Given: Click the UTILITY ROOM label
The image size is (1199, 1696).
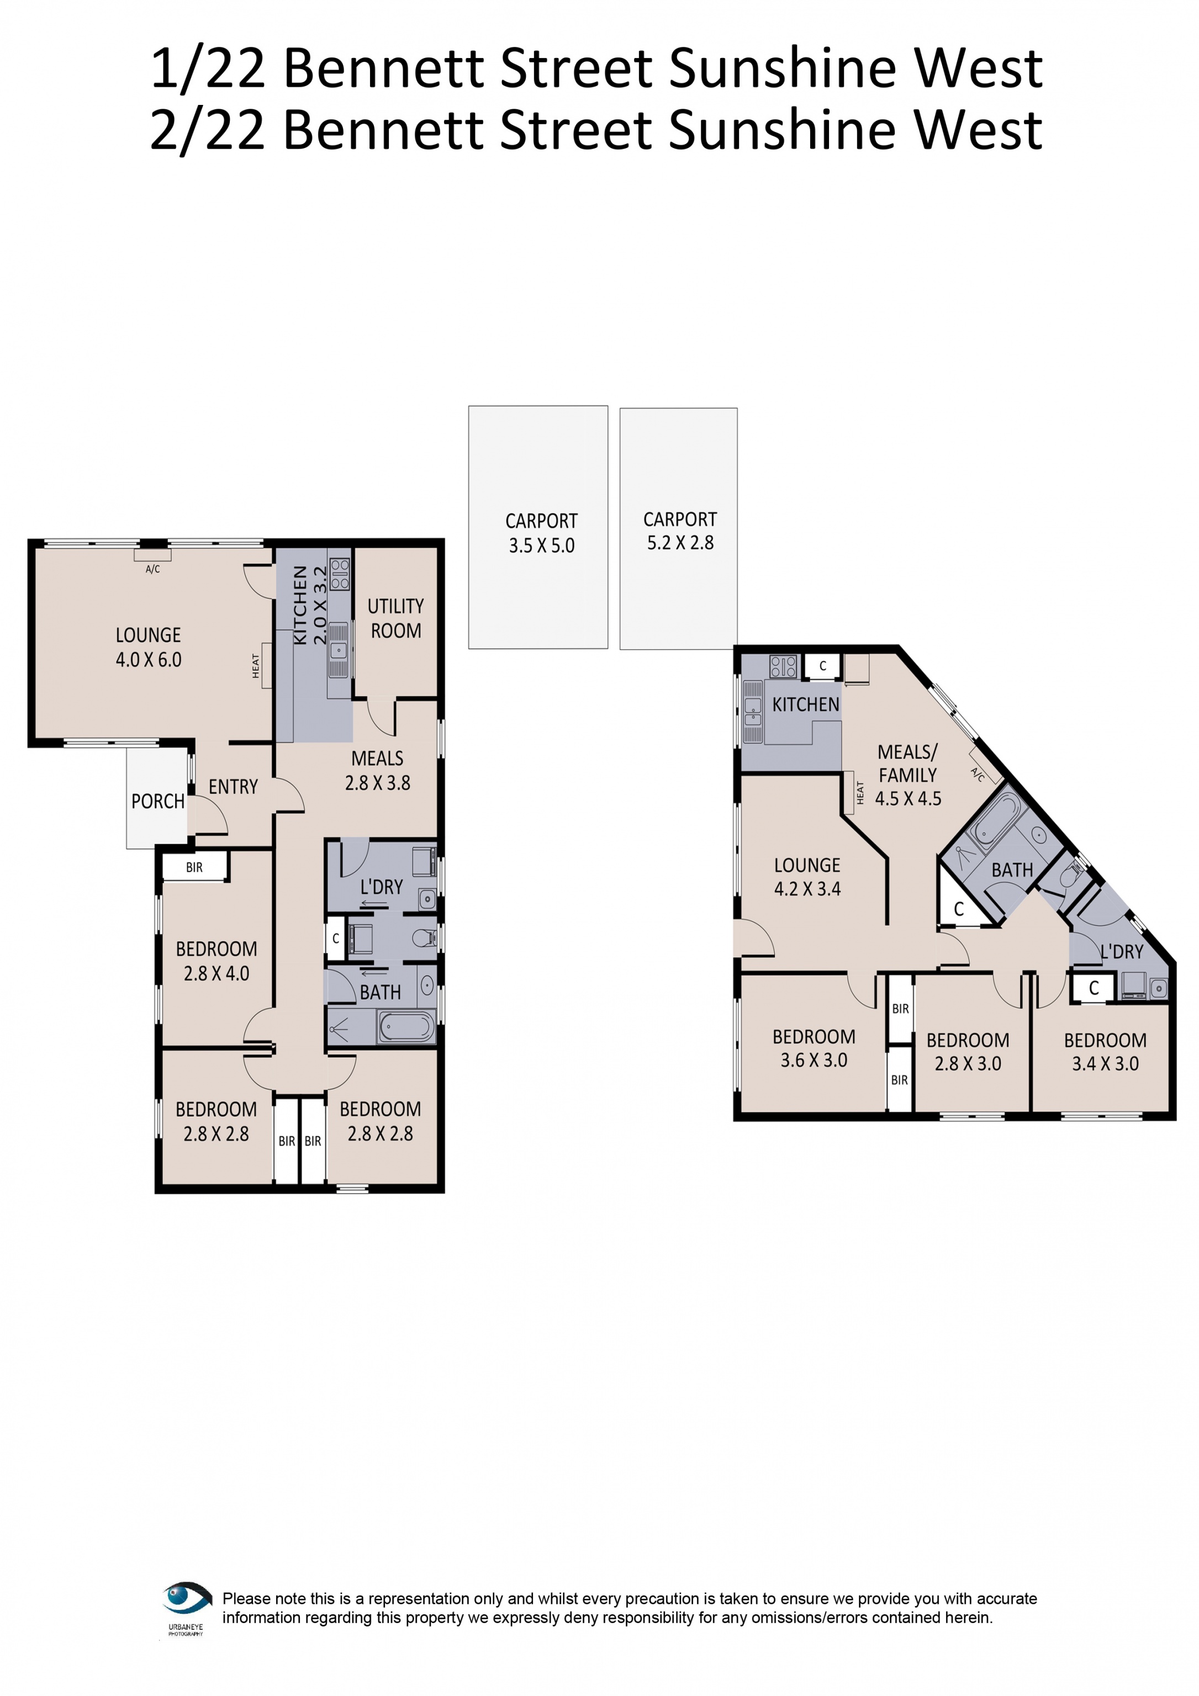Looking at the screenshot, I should [x=395, y=618].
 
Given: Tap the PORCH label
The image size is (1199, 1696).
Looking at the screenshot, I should [x=157, y=802].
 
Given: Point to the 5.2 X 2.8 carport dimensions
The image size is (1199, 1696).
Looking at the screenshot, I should [x=680, y=543].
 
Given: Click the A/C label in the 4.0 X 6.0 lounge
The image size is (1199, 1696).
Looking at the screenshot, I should [x=152, y=569].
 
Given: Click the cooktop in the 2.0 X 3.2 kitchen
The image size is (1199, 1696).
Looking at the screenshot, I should [x=340, y=575].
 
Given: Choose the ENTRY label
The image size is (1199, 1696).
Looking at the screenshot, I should [x=233, y=787].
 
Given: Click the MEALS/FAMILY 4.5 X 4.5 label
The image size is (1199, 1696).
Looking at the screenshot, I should [x=907, y=775].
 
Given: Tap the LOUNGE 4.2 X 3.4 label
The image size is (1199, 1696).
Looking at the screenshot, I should [x=807, y=877].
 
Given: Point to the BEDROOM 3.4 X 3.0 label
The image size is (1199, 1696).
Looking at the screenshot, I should [x=1105, y=1052].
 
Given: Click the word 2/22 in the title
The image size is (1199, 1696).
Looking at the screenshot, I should [x=207, y=130].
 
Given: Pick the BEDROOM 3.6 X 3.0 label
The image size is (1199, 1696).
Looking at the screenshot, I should [x=814, y=1048].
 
